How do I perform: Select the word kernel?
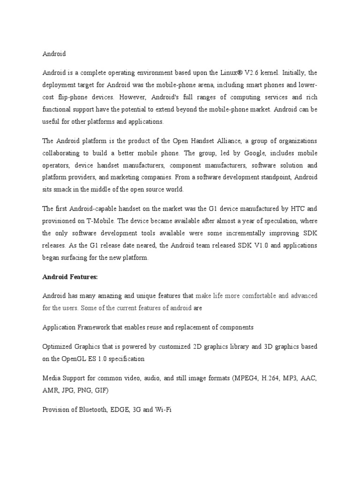269,73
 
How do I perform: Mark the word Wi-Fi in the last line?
164,409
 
